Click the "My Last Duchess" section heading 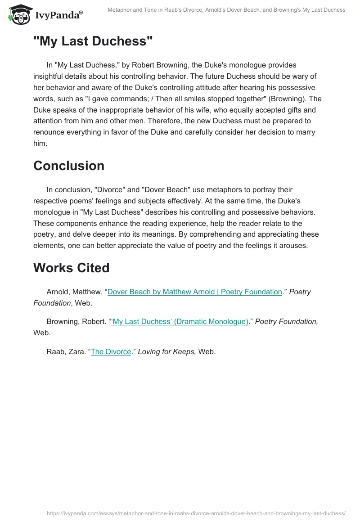pyautogui.click(x=93, y=41)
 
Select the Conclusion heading pyautogui.click(x=69, y=166)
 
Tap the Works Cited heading pyautogui.click(x=72, y=268)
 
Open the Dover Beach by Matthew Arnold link pyautogui.click(x=195, y=292)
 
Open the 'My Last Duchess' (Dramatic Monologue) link pyautogui.click(x=180, y=321)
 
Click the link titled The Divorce pyautogui.click(x=111, y=351)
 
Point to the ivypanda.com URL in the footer pyautogui.click(x=196, y=513)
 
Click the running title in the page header pyautogui.click(x=226, y=9)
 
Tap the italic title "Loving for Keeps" pyautogui.click(x=167, y=351)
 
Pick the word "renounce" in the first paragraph pyautogui.click(x=49, y=132)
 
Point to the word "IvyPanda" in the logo pyautogui.click(x=57, y=15)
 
